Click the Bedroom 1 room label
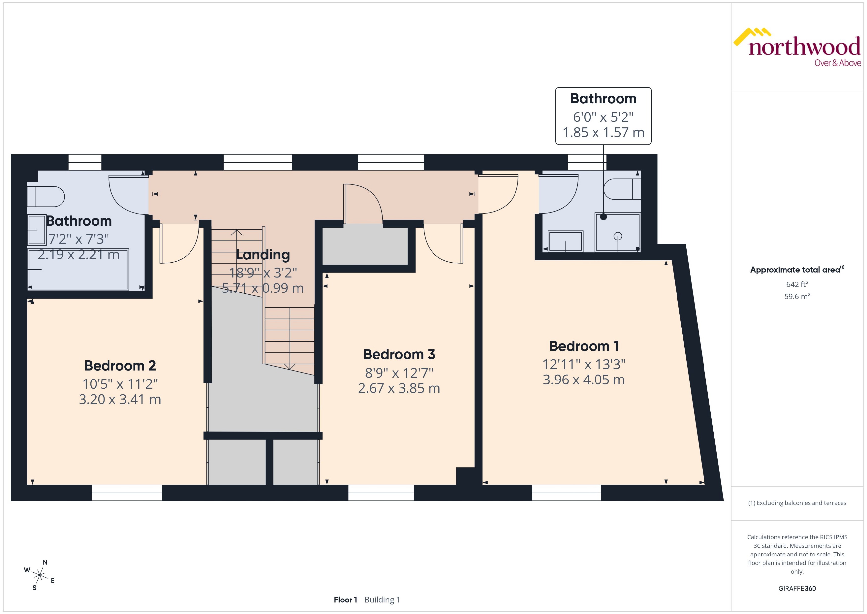[584, 346]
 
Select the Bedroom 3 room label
[399, 354]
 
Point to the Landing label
[263, 254]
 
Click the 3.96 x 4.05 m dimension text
[584, 380]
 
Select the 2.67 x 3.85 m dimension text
[399, 388]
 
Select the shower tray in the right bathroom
[617, 233]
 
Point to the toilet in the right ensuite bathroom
[622, 189]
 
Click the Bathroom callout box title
[603, 99]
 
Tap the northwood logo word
[804, 47]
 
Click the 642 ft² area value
[797, 284]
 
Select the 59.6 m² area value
[797, 296]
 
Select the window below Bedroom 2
[127, 493]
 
